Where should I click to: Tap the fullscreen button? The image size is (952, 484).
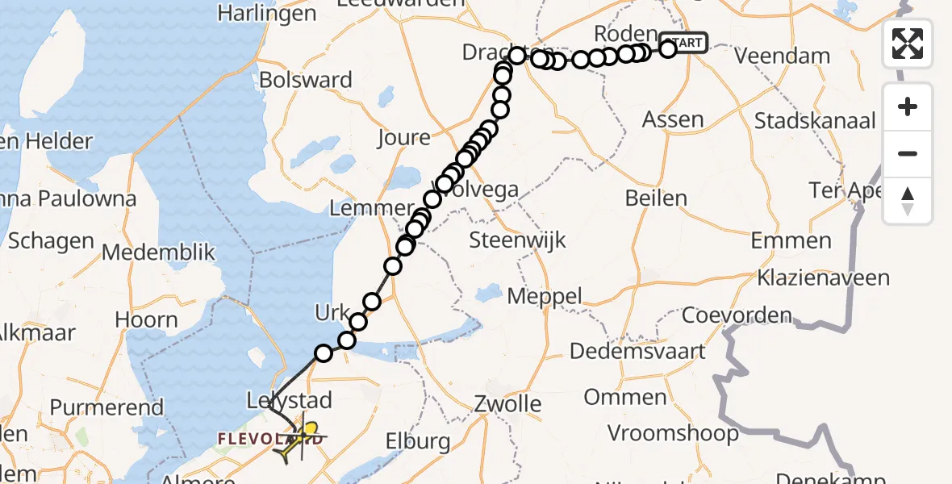[908, 43]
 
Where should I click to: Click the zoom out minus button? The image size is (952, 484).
[908, 153]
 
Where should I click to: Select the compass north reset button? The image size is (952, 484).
[908, 201]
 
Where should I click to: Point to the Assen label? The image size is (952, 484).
[673, 120]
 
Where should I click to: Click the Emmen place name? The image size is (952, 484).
[791, 240]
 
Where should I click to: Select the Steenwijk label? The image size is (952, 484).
[517, 240]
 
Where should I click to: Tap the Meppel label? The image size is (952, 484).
[545, 296]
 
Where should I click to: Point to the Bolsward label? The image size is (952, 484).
[306, 80]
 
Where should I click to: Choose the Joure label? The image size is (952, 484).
[403, 137]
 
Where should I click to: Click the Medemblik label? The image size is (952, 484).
[159, 252]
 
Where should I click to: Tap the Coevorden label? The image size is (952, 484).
[737, 315]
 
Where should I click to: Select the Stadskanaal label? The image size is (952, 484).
[815, 121]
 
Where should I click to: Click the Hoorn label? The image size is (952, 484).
[146, 319]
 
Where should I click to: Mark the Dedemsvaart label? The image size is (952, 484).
[637, 351]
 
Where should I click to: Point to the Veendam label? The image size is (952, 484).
[783, 56]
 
